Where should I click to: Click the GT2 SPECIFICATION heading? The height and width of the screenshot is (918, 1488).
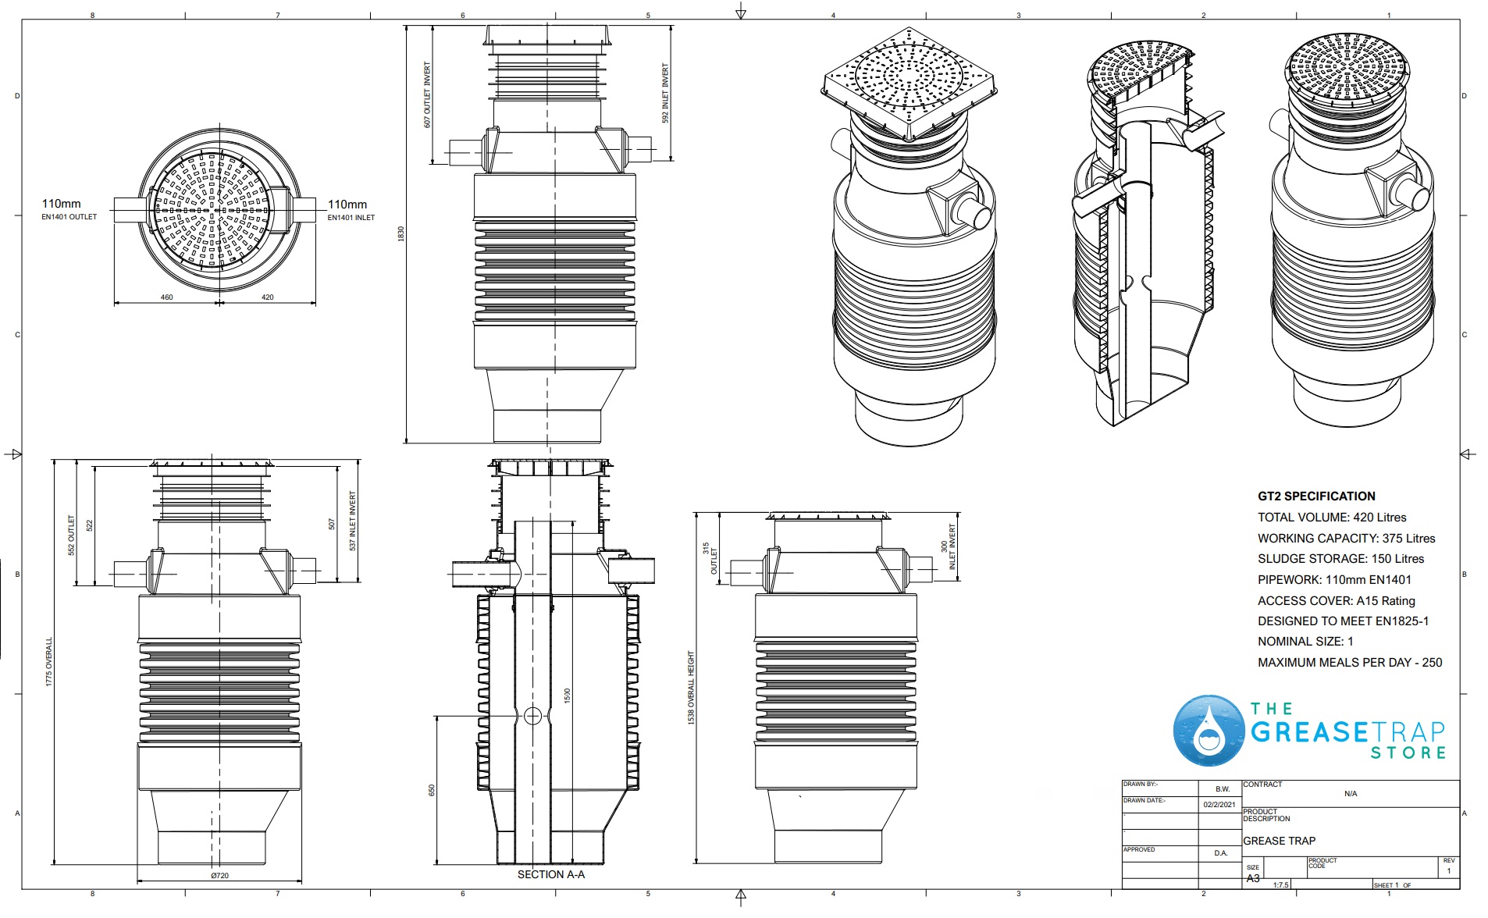point(1316,496)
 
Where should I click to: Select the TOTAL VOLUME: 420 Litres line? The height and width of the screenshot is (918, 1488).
point(1332,517)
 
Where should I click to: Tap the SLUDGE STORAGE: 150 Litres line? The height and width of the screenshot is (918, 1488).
point(1340,558)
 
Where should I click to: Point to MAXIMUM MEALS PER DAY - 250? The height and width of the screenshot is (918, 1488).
point(1350,662)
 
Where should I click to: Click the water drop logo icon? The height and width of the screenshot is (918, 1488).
point(1209,731)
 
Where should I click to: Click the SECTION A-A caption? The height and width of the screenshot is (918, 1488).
point(550,874)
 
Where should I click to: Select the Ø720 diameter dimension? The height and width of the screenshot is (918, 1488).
point(219,875)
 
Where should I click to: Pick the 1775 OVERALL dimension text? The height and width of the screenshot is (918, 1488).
point(49,662)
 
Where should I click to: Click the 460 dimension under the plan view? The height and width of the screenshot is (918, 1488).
point(166,297)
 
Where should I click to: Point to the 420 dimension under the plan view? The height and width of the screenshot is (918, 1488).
point(267,297)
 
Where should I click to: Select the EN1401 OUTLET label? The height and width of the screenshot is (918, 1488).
point(69,217)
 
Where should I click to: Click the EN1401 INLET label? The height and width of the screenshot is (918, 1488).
point(351,218)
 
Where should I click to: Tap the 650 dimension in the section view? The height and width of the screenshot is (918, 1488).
point(431,790)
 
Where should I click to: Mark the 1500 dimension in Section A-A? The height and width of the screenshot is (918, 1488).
point(568,695)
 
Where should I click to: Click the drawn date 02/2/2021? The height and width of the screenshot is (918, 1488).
point(1219,804)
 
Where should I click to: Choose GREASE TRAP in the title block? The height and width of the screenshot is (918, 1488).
point(1279,841)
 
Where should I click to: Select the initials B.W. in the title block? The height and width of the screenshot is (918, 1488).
point(1222,788)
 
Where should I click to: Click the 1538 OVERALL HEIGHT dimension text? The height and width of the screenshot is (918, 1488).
point(691,688)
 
